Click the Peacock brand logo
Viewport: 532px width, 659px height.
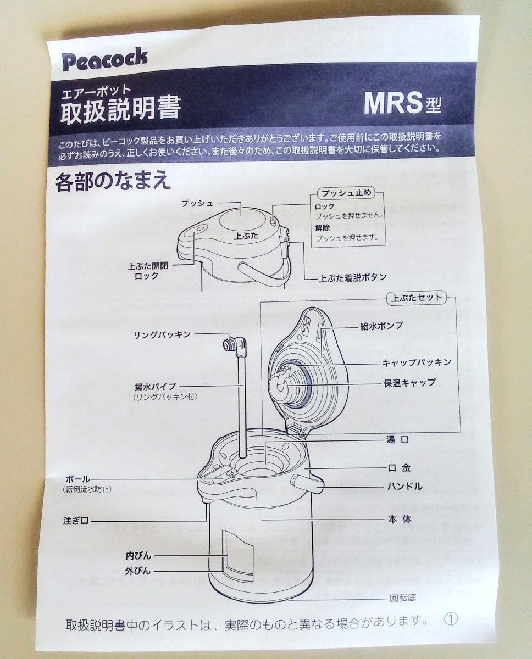pos(104,59)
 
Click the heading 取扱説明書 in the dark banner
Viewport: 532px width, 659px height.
pos(120,108)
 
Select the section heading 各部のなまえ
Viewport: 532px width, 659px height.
pos(113,182)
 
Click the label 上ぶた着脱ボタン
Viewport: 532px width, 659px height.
pos(353,277)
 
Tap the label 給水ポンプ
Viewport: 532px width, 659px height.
pos(381,326)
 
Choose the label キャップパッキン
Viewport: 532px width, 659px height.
pos(417,362)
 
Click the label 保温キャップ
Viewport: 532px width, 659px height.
pos(409,383)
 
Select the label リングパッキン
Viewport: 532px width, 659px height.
pos(162,334)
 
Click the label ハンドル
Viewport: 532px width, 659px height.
pos(404,486)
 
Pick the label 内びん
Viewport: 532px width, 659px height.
pos(138,556)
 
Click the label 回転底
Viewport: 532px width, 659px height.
pos(402,598)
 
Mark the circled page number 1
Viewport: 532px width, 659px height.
pos(451,619)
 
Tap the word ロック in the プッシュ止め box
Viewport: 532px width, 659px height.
pos(325,206)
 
